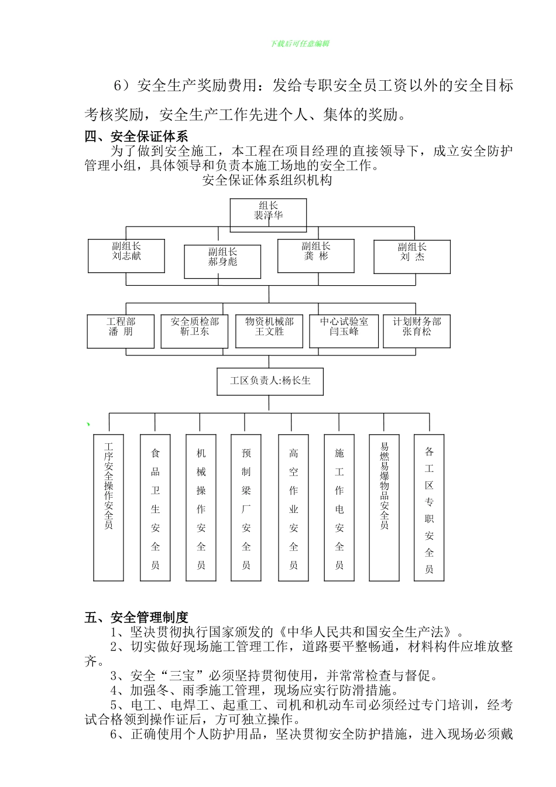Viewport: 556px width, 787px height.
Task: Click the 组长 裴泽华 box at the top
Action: pyautogui.click(x=268, y=215)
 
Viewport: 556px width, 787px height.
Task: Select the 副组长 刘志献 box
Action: pyautogui.click(x=126, y=255)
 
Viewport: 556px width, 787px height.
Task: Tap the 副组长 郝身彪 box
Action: pyautogui.click(x=222, y=261)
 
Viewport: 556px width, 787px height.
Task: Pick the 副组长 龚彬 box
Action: pyautogui.click(x=316, y=255)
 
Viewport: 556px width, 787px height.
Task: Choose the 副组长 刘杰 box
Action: pyautogui.click(x=412, y=256)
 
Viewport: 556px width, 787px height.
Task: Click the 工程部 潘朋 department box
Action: pyautogui.click(x=121, y=331)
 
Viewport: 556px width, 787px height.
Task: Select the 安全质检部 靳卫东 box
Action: pyautogui.click(x=194, y=331)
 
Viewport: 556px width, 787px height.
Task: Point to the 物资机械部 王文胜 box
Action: pyautogui.click(x=269, y=331)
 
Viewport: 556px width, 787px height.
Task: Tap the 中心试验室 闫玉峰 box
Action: pyautogui.click(x=344, y=331)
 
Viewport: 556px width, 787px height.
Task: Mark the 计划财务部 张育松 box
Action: pyautogui.click(x=417, y=331)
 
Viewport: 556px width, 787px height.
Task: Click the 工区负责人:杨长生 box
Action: pyautogui.click(x=270, y=381)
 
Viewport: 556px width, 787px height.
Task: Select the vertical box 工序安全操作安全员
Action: pyautogui.click(x=109, y=507)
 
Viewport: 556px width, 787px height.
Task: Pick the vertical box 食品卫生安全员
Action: pyautogui.click(x=155, y=507)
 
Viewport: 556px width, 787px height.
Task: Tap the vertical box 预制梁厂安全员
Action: pyautogui.click(x=246, y=507)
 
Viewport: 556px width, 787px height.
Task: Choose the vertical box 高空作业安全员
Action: pyautogui.click(x=293, y=507)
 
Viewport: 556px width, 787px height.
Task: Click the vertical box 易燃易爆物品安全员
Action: pyautogui.click(x=384, y=507)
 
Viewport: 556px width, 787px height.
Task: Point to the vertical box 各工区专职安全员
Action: pyautogui.click(x=429, y=507)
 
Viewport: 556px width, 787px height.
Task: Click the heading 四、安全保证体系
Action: pyautogui.click(x=136, y=137)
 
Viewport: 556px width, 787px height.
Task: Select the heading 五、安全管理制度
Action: pyautogui.click(x=136, y=617)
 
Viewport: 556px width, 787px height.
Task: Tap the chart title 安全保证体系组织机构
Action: pyautogui.click(x=267, y=180)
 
